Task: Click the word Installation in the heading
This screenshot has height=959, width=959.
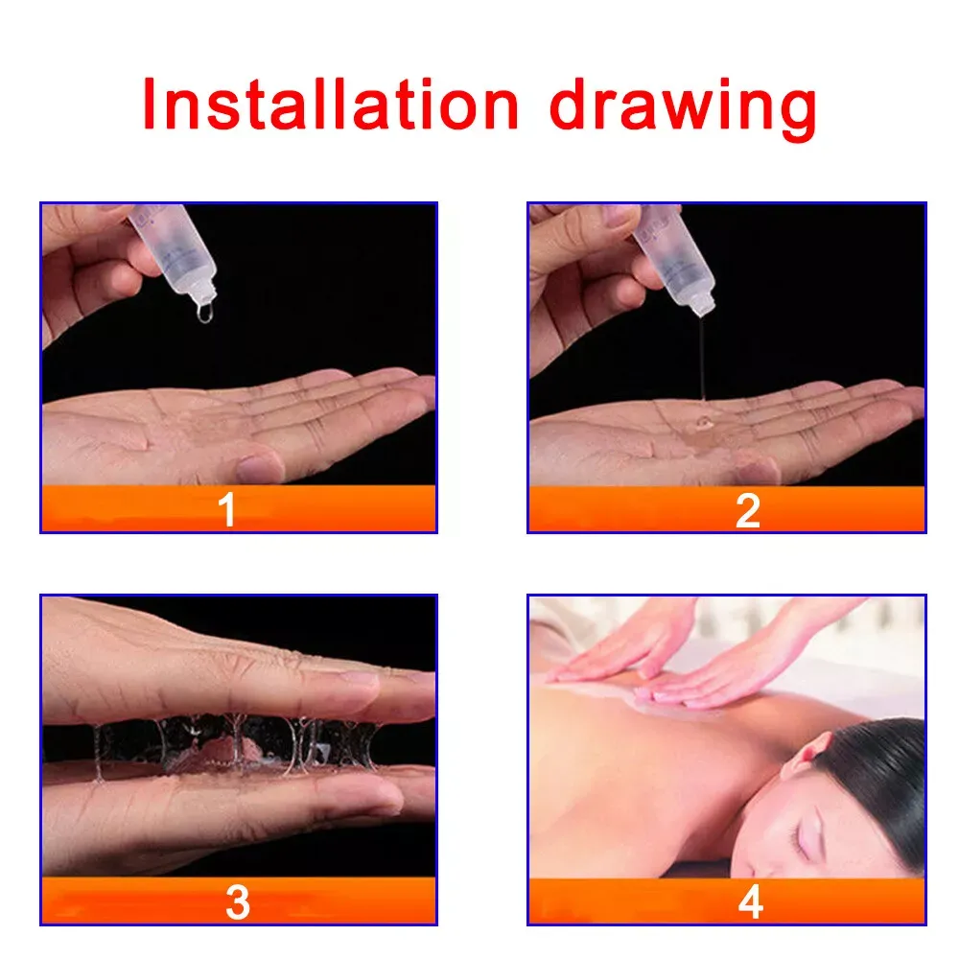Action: click(x=330, y=105)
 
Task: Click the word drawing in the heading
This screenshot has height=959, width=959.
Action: click(x=683, y=109)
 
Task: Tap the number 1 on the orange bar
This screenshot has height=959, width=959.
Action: click(x=227, y=509)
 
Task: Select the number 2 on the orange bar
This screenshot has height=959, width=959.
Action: click(x=747, y=510)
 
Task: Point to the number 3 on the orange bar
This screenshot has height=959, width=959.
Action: click(x=237, y=902)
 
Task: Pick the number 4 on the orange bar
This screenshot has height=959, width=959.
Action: click(x=751, y=901)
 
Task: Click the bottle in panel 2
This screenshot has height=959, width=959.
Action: click(x=674, y=257)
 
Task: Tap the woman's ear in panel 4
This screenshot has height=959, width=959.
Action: click(x=807, y=758)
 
